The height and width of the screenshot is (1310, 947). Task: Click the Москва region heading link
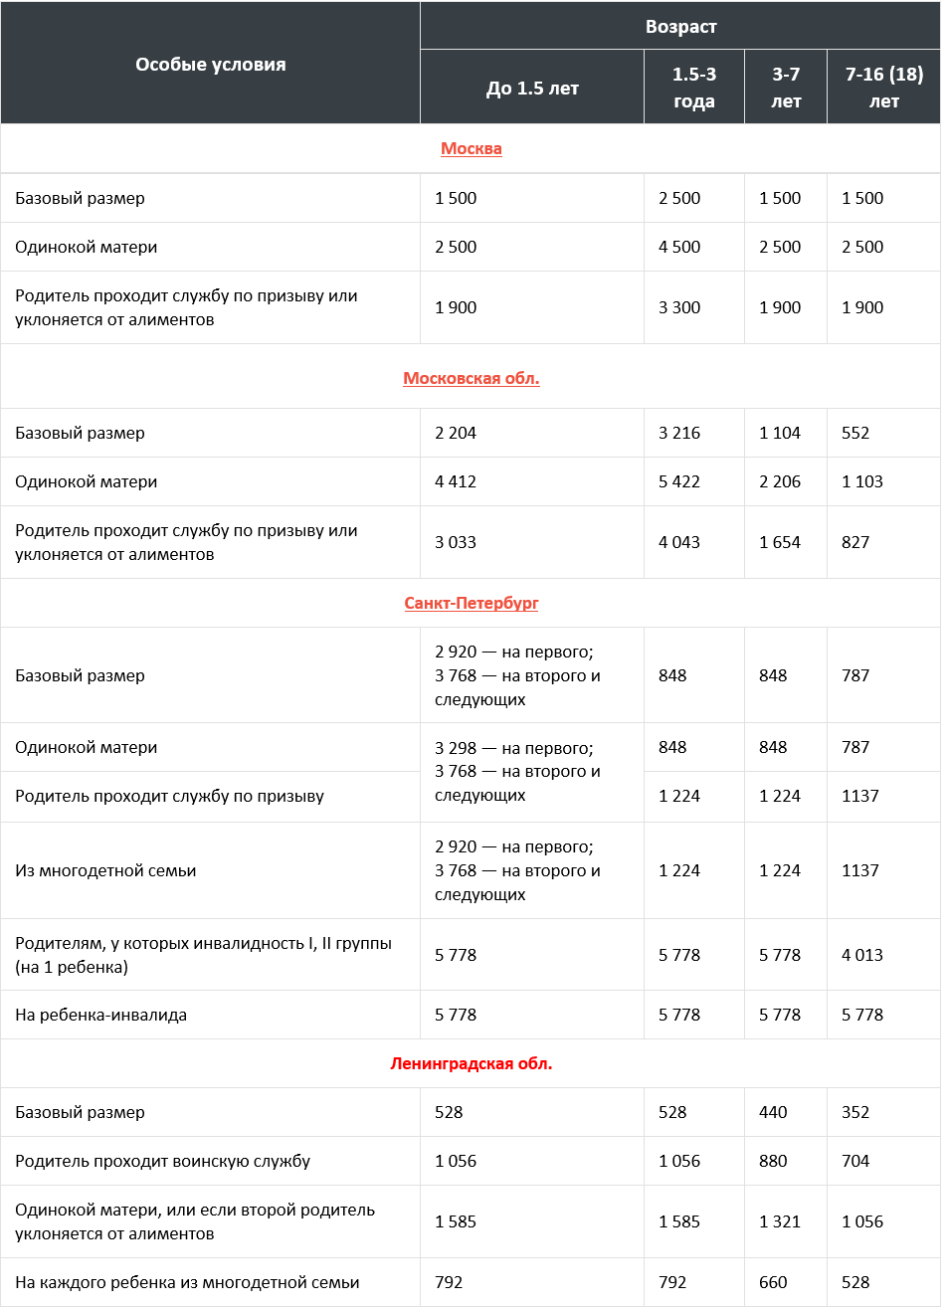[x=471, y=148]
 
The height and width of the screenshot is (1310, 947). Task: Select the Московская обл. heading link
[x=471, y=378]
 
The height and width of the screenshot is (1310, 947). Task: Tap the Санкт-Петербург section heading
[x=471, y=603]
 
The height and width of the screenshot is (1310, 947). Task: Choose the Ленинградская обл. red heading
[x=471, y=1063]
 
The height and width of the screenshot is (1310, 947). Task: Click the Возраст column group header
[x=680, y=27]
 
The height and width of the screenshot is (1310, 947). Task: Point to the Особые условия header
[x=210, y=65]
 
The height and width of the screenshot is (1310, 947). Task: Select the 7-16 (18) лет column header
[x=883, y=88]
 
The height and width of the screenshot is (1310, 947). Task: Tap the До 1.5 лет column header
[x=532, y=89]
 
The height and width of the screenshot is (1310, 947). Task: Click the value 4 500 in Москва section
[x=679, y=247]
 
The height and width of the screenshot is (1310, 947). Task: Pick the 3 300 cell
[x=679, y=307]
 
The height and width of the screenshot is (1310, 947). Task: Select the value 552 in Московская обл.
[x=855, y=433]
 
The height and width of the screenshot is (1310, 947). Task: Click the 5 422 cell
[x=679, y=481]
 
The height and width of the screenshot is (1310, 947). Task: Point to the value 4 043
[x=679, y=542]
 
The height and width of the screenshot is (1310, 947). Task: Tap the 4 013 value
[x=861, y=955]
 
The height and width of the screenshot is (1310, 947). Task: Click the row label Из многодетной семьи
[x=105, y=870]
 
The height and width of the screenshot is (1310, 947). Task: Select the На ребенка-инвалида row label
[x=100, y=1015]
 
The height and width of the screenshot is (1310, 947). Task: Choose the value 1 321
[x=779, y=1221]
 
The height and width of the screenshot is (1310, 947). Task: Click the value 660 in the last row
[x=773, y=1282]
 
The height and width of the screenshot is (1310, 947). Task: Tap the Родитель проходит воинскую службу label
[x=162, y=1161]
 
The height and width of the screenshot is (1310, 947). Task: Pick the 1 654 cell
[x=779, y=542]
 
